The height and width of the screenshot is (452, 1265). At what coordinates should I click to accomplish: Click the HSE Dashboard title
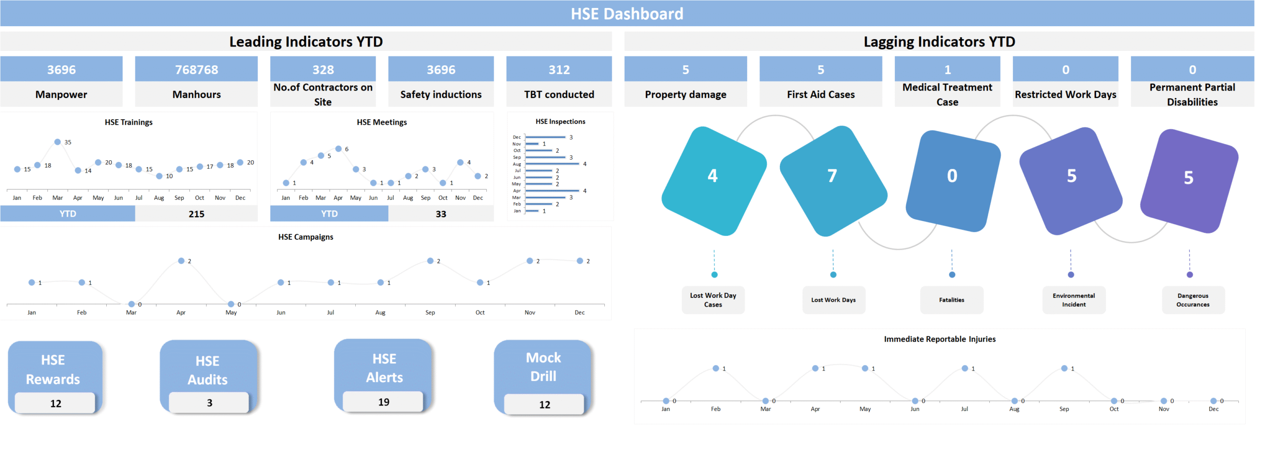(627, 13)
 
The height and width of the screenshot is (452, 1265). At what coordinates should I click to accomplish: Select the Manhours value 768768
(196, 70)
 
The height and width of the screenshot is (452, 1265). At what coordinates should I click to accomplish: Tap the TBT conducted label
(559, 94)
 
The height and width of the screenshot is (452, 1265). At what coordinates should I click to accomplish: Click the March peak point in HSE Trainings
(57, 142)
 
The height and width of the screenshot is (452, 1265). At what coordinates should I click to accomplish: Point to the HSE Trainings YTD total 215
(196, 214)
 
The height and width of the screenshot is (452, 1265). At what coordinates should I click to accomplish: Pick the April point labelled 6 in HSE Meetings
(338, 149)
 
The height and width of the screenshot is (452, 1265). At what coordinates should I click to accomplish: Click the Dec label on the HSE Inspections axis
(516, 137)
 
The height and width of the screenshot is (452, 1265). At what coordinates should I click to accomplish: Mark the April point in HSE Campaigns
(181, 261)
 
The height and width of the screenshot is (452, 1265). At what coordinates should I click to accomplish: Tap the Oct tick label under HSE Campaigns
(480, 313)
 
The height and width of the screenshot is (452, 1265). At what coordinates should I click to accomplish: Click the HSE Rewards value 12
(55, 404)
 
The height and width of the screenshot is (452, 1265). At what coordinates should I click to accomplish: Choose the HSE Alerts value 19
(383, 402)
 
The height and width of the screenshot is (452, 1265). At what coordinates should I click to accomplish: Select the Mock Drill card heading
(543, 366)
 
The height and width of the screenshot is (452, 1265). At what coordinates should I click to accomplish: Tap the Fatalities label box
(951, 300)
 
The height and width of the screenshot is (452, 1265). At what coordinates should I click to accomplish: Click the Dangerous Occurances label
(1192, 300)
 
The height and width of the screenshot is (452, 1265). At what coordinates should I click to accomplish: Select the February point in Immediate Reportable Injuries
(716, 368)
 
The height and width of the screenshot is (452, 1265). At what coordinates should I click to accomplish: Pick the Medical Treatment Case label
(947, 94)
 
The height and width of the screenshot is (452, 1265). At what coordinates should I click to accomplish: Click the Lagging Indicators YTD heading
(939, 42)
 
